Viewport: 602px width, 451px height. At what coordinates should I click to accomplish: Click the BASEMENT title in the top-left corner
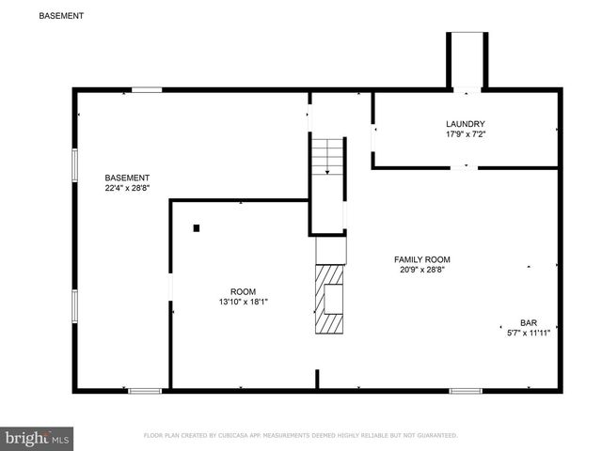point(60,16)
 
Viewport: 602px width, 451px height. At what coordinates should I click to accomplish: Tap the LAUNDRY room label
point(466,123)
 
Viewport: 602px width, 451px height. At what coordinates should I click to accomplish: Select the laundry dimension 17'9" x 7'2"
point(466,134)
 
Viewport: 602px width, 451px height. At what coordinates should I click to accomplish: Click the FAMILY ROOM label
point(421,259)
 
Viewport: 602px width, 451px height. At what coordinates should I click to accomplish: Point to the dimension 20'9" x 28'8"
point(421,271)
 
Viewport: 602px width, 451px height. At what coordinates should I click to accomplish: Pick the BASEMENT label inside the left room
point(127,178)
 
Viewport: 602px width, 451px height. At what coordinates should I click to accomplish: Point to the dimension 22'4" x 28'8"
point(127,189)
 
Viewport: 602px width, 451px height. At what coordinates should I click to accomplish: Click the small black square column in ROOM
point(197,227)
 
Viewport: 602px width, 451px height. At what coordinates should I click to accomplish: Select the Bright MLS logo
point(38,437)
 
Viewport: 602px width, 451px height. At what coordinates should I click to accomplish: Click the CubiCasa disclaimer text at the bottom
point(300,436)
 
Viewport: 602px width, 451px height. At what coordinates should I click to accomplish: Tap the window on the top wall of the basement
point(146,90)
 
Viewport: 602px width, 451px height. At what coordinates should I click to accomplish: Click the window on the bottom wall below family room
point(465,390)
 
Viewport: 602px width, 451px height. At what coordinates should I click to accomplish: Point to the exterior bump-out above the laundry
point(467,61)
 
